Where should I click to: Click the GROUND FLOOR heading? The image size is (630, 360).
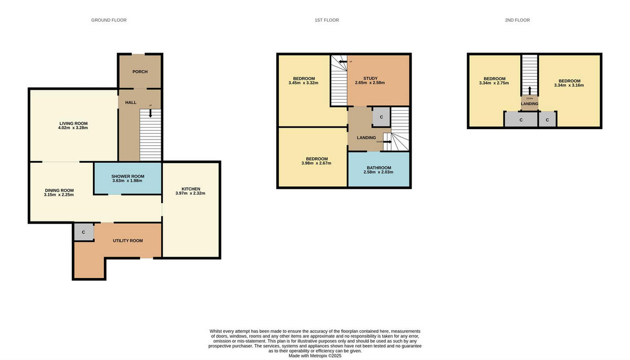(109, 20)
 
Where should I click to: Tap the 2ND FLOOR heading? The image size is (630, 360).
(517, 20)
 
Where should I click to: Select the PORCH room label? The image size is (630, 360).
(140, 71)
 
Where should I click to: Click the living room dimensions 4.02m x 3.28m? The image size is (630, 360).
(73, 128)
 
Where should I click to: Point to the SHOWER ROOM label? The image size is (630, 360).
(128, 176)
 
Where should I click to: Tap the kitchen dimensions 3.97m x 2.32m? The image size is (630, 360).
(190, 193)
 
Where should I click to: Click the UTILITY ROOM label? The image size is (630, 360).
(128, 240)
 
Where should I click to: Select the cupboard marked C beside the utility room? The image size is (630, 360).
(83, 232)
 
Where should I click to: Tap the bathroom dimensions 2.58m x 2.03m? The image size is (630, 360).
(379, 172)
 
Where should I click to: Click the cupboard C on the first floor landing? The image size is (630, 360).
(381, 117)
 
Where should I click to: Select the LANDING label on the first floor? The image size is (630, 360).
(366, 138)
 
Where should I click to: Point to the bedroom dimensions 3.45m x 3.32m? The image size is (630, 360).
(303, 83)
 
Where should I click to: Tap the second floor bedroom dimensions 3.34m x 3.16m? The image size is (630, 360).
(569, 85)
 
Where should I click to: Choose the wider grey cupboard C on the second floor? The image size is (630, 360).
(520, 120)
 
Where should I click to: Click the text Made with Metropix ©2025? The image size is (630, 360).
(315, 356)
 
